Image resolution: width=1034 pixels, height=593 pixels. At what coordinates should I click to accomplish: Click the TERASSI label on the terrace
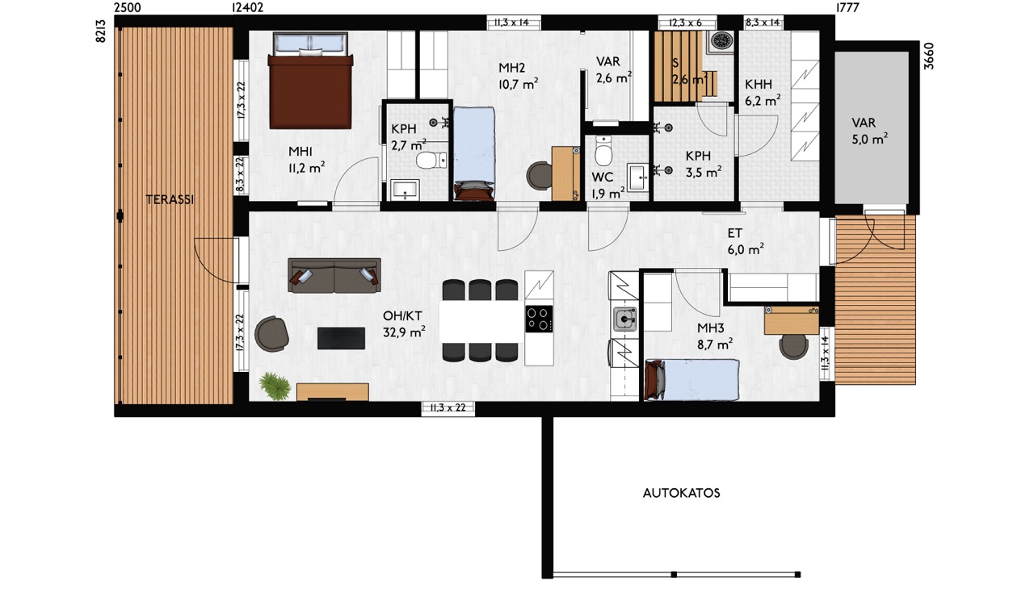(x=170, y=199)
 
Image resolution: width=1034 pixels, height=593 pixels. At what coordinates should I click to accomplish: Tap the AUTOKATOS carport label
(x=681, y=494)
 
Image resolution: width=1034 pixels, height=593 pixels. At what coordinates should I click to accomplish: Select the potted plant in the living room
(x=275, y=386)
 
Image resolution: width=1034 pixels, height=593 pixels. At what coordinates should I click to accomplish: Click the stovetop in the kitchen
(x=539, y=319)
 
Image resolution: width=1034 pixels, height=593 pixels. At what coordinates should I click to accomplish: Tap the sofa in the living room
(x=334, y=275)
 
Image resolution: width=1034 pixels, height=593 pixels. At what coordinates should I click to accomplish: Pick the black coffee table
(x=341, y=338)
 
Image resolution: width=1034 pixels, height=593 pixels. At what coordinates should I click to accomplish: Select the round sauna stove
(x=721, y=40)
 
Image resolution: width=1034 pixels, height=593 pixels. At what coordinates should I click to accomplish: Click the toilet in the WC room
(x=603, y=150)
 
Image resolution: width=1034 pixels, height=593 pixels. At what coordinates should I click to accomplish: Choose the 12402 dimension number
(x=247, y=7)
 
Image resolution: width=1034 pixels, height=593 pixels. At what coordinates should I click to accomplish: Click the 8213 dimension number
(x=101, y=31)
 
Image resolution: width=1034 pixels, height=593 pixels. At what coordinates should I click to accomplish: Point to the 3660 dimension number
(x=929, y=56)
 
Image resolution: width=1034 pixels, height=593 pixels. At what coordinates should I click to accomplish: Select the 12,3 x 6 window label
(x=686, y=23)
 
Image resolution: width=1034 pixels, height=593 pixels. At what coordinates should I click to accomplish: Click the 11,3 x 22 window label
(x=448, y=407)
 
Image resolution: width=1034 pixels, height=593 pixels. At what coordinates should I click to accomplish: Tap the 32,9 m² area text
(x=404, y=332)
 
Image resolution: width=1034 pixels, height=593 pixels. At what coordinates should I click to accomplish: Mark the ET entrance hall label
(x=734, y=233)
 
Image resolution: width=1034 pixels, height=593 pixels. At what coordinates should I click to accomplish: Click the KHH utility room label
(x=759, y=85)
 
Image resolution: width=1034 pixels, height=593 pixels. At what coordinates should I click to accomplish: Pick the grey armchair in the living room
(x=272, y=334)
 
